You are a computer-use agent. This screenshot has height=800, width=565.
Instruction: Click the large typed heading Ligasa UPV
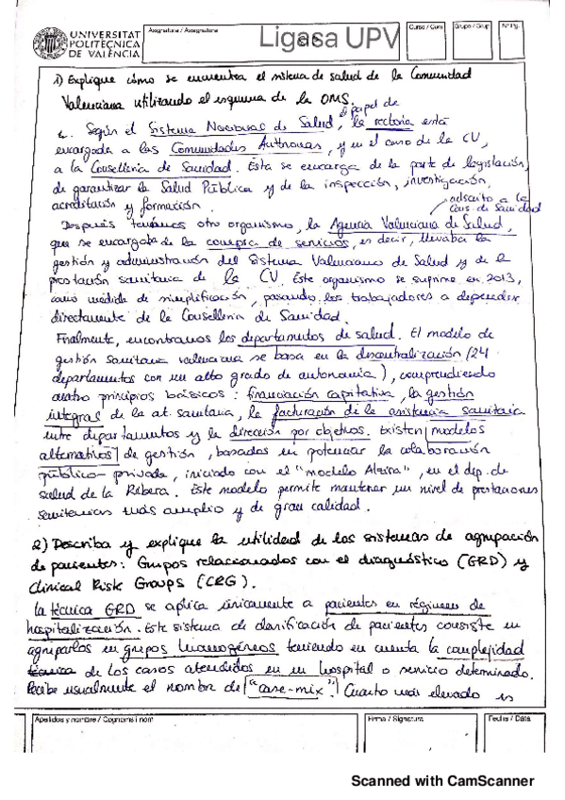point(319,38)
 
